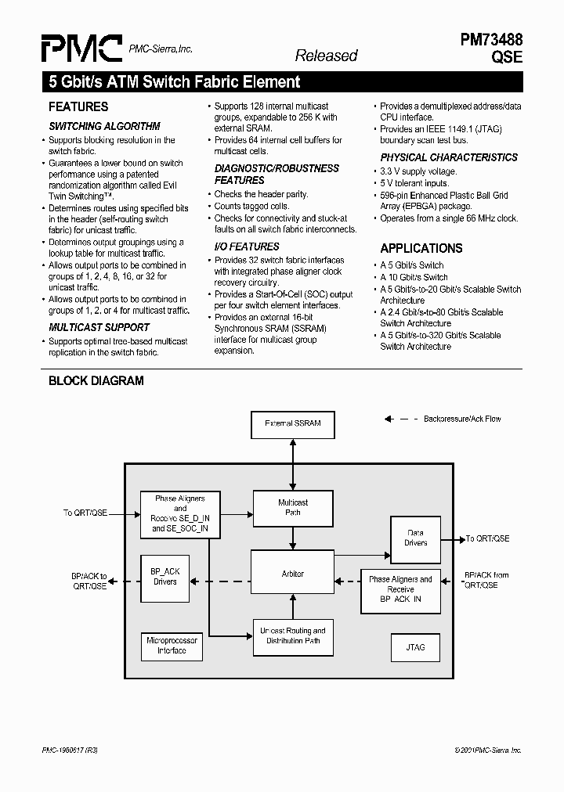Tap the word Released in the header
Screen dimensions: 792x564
(326, 56)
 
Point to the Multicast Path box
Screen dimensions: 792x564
(293, 507)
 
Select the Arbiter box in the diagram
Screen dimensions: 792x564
(293, 574)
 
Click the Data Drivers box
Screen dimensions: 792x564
(416, 538)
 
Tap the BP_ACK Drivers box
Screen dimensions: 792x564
(164, 577)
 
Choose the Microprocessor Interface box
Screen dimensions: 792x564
(172, 645)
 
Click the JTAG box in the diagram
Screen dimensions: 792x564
(415, 647)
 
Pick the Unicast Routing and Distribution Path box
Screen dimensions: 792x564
(293, 635)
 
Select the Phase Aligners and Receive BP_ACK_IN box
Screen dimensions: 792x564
(400, 589)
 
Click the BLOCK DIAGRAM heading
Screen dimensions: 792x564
(96, 381)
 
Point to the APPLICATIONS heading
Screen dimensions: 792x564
(421, 248)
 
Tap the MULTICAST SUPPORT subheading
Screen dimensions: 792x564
(99, 327)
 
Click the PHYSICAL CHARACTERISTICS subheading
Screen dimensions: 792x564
(449, 157)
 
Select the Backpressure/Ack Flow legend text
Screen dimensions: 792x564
(462, 419)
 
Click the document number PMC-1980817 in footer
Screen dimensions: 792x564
(70, 751)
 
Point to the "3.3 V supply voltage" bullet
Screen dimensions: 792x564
(418, 171)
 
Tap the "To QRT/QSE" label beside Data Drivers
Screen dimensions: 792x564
(488, 538)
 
